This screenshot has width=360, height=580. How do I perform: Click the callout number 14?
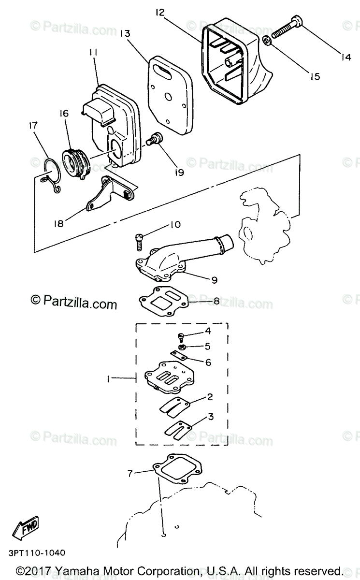(345, 58)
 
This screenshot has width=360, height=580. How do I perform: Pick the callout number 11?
(93, 52)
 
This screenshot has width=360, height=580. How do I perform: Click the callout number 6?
(208, 362)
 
